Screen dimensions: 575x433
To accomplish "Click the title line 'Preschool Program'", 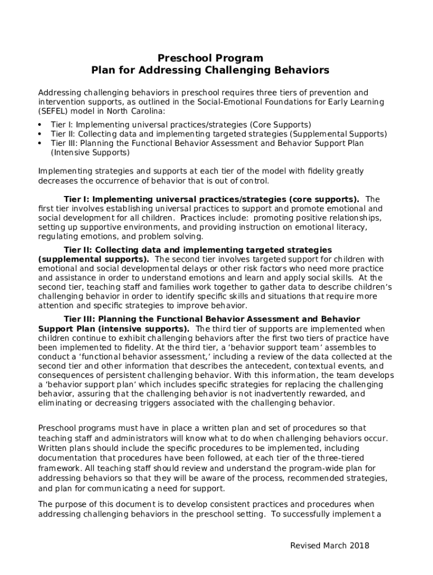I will [x=210, y=58].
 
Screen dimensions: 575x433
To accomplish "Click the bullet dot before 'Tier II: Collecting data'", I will [x=40, y=134].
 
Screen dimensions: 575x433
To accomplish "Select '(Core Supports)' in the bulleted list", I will [x=280, y=125].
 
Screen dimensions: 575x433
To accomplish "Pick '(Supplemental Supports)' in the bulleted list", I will [x=339, y=134].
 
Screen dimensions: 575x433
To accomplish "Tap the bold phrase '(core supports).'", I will [x=324, y=199].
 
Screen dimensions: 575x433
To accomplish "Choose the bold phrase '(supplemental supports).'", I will [x=93, y=259].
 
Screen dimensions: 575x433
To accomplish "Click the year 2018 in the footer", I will [x=359, y=546].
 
